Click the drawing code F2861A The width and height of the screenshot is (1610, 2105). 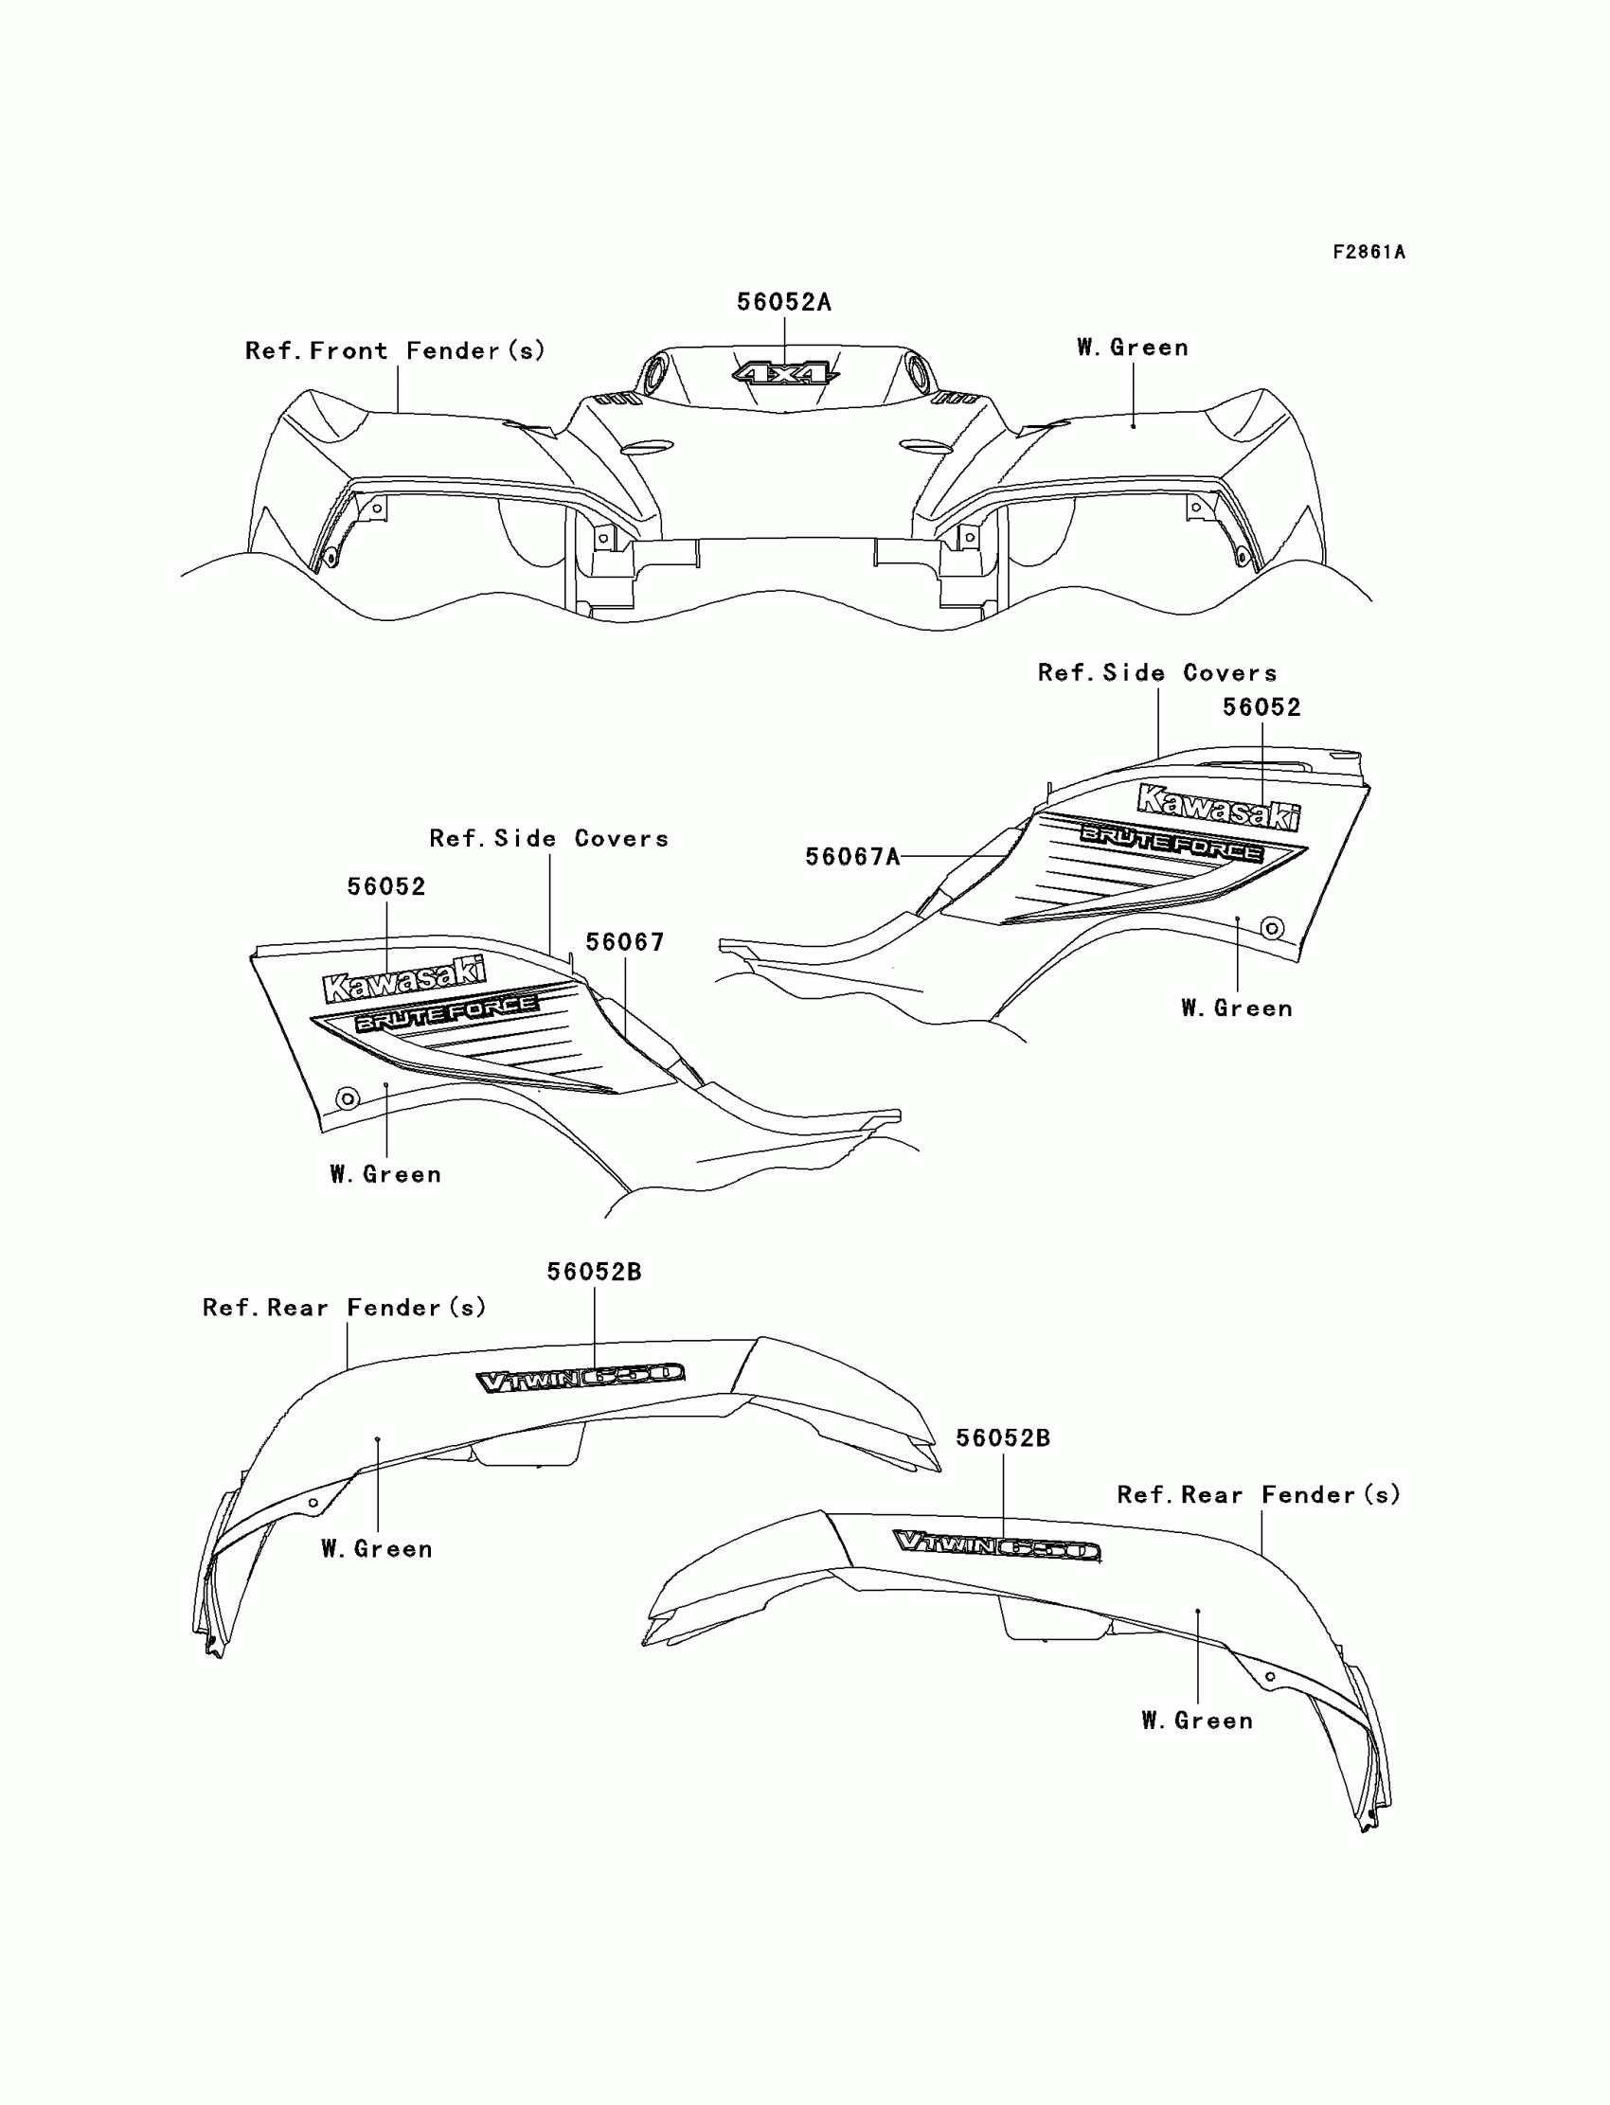(1368, 252)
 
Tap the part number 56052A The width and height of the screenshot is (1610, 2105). (783, 302)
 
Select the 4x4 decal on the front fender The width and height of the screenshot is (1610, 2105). (785, 373)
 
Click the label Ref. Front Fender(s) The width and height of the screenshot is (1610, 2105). (395, 350)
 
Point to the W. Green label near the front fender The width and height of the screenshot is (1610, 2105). (1132, 347)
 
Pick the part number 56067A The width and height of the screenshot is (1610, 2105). (852, 857)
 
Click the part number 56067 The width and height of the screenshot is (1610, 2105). (625, 942)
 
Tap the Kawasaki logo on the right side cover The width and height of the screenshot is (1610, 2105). (1218, 807)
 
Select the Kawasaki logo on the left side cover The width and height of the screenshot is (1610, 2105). (404, 978)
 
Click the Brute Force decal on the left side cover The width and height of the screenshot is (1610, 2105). (447, 1011)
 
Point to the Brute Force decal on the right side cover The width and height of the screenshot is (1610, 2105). (1172, 842)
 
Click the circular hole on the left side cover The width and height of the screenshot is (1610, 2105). (347, 1098)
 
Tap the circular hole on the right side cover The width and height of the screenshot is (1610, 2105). (1272, 927)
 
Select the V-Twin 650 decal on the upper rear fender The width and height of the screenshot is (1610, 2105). (581, 1378)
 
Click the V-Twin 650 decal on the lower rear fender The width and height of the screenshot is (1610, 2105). (996, 1544)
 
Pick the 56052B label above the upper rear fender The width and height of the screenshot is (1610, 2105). (594, 1272)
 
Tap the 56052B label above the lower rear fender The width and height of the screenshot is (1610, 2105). (1002, 1437)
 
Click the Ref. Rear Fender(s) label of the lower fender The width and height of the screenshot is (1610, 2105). (1259, 1494)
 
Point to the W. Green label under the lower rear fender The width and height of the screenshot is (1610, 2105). (1197, 1721)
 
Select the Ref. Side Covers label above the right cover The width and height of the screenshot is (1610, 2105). (1156, 672)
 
